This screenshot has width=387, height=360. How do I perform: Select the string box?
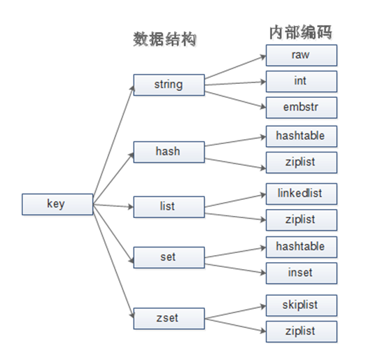pyautogui.click(x=168, y=85)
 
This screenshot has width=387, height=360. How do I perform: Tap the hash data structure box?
pyautogui.click(x=168, y=150)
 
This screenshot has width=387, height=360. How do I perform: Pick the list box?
pyautogui.click(x=168, y=207)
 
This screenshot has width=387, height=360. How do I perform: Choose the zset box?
pyautogui.click(x=168, y=318)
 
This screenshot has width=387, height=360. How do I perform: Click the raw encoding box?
pyautogui.click(x=301, y=55)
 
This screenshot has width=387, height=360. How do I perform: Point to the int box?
pyautogui.click(x=301, y=81)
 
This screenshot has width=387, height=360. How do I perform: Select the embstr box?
pyautogui.click(x=301, y=108)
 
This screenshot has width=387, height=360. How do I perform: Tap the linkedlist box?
pyautogui.click(x=301, y=192)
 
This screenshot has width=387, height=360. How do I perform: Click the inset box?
pyautogui.click(x=301, y=273)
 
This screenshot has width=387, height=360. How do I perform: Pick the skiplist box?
pyautogui.click(x=301, y=305)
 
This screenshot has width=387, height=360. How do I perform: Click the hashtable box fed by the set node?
pyautogui.click(x=301, y=246)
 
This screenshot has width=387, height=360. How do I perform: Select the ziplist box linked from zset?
pyautogui.click(x=301, y=331)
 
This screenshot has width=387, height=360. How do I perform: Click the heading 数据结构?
pyautogui.click(x=164, y=39)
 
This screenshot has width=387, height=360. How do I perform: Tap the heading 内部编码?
pyautogui.click(x=300, y=32)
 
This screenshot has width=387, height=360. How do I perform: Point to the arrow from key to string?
pyautogui.click(x=113, y=143)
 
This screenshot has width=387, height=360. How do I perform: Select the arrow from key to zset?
pyautogui.click(x=113, y=261)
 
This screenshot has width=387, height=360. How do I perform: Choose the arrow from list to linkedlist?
pyautogui.click(x=234, y=199)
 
